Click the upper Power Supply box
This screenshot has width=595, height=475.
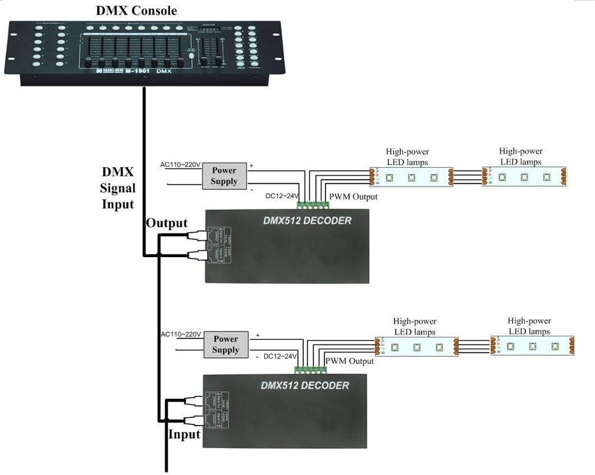pos(224,176)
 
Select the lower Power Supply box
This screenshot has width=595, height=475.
pos(225,345)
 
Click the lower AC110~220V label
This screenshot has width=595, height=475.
pos(181,335)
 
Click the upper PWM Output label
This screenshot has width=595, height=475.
pos(353,196)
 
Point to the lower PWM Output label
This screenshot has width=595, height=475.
pos(349,361)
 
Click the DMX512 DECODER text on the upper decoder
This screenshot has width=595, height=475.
pos(307,221)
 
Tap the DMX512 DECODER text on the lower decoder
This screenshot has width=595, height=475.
pos(305,386)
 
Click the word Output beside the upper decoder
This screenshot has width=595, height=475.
pos(167,223)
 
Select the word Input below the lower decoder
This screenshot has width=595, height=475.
pos(184,435)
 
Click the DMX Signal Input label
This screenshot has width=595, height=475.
pos(118,188)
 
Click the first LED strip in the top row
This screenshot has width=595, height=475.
pos(411,177)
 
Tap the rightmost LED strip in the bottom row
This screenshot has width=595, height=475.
pos(532,346)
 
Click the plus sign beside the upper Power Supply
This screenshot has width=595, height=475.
pos(252,166)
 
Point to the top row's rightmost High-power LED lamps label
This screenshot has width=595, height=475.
pos(521,157)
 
